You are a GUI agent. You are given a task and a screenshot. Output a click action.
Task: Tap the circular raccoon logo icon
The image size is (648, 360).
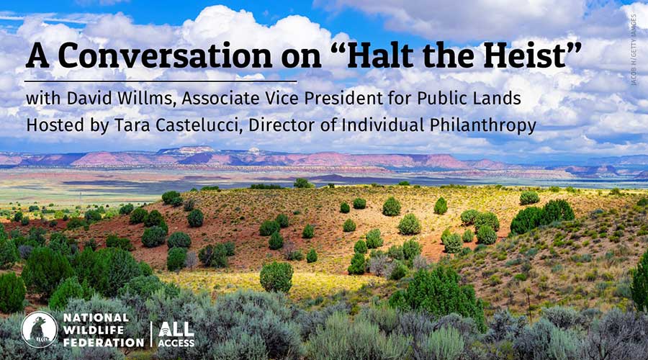(39, 329)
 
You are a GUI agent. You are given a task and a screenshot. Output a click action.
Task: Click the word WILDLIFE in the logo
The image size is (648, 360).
(92, 329)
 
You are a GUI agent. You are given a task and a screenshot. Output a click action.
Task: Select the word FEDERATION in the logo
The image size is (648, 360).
(104, 341)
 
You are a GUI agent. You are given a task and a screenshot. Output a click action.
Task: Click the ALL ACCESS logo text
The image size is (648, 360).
(176, 333)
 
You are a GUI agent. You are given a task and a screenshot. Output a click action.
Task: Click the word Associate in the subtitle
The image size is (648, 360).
(217, 97)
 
